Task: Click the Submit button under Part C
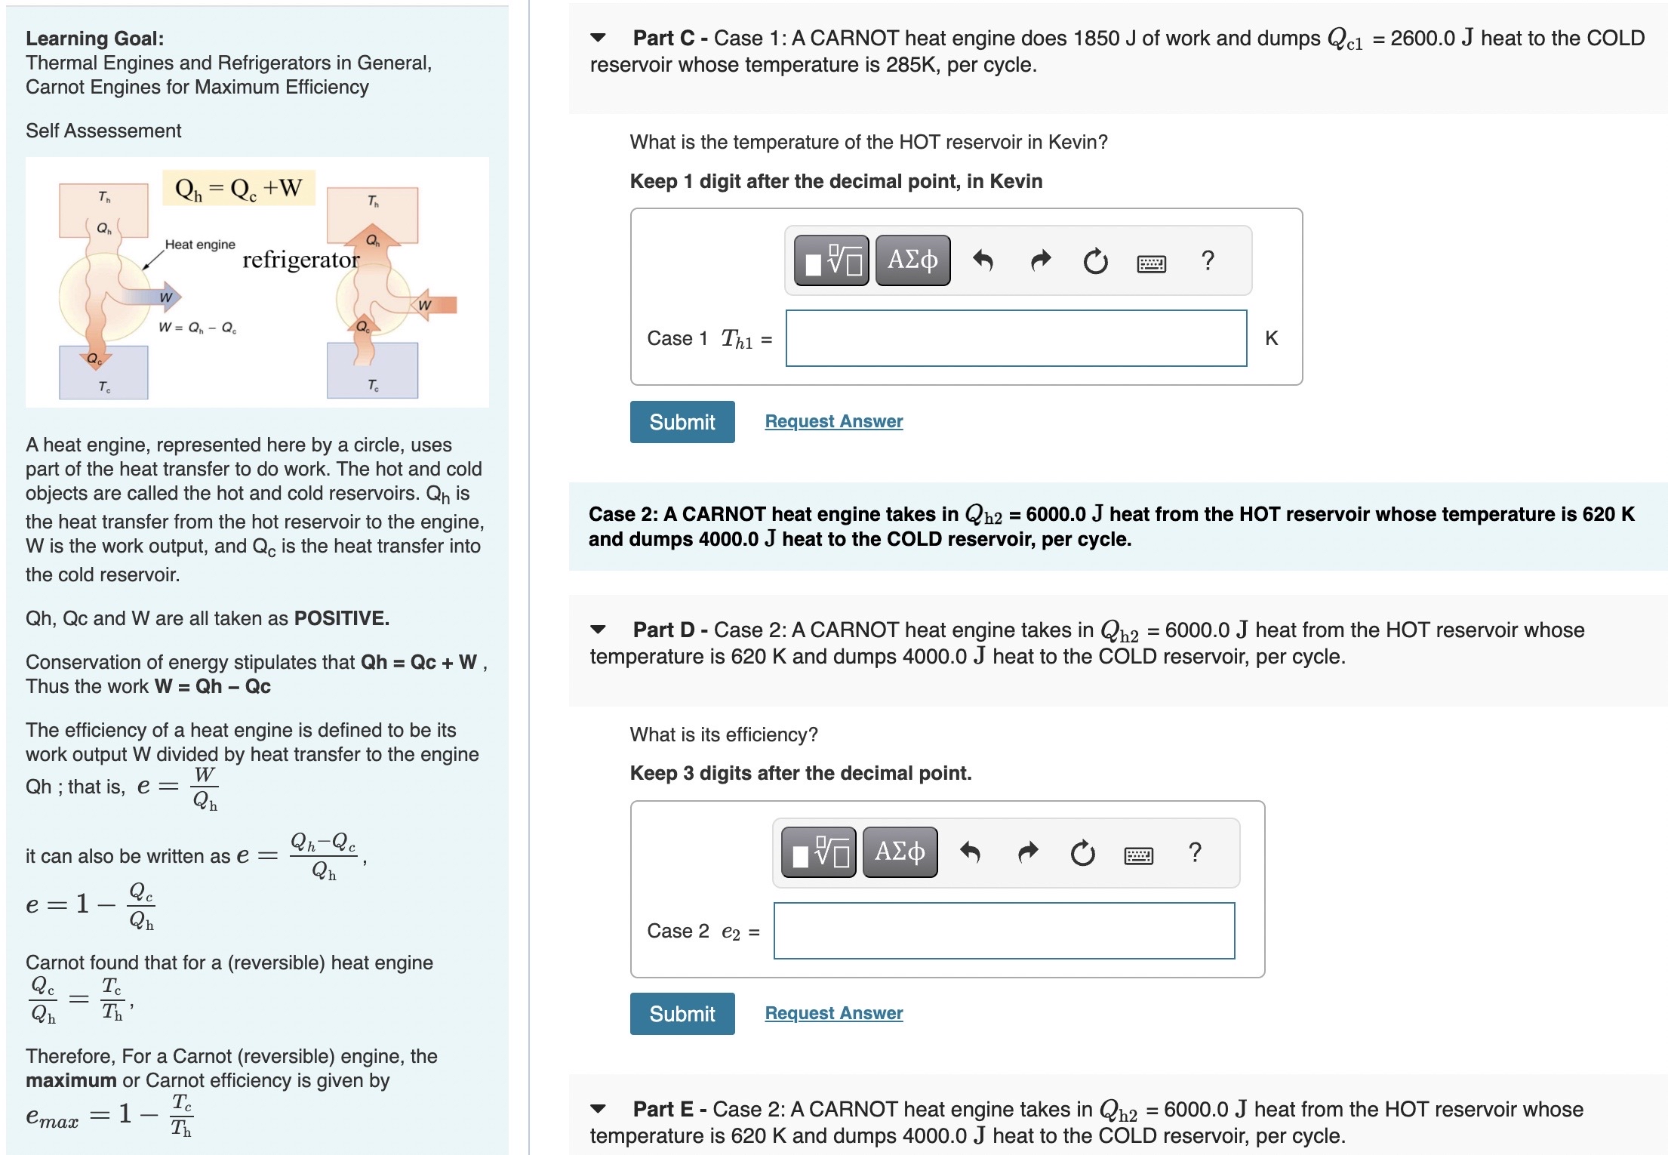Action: pyautogui.click(x=682, y=422)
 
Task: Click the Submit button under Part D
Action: pyautogui.click(x=682, y=1014)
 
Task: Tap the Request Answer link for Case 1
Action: pyautogui.click(x=833, y=421)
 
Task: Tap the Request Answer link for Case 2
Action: pyautogui.click(x=833, y=1013)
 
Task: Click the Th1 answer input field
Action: pyautogui.click(x=1016, y=338)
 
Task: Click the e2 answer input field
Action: pyautogui.click(x=1004, y=931)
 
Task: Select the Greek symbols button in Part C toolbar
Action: pyautogui.click(x=912, y=260)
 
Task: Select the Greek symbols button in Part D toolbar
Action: pyautogui.click(x=900, y=852)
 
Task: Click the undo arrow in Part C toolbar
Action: pyautogui.click(x=983, y=261)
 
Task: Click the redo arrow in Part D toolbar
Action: pyautogui.click(x=1028, y=853)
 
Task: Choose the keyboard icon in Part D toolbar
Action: pyautogui.click(x=1138, y=855)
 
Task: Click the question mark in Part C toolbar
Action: pyautogui.click(x=1208, y=260)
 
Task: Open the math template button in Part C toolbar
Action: pyautogui.click(x=832, y=260)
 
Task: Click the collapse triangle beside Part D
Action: pyautogui.click(x=598, y=630)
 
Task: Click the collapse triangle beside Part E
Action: pyautogui.click(x=598, y=1109)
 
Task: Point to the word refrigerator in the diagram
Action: pyautogui.click(x=300, y=260)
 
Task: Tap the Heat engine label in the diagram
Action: pyautogui.click(x=200, y=245)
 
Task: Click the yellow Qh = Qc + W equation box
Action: pyautogui.click(x=239, y=188)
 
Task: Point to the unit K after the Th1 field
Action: pyautogui.click(x=1272, y=338)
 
